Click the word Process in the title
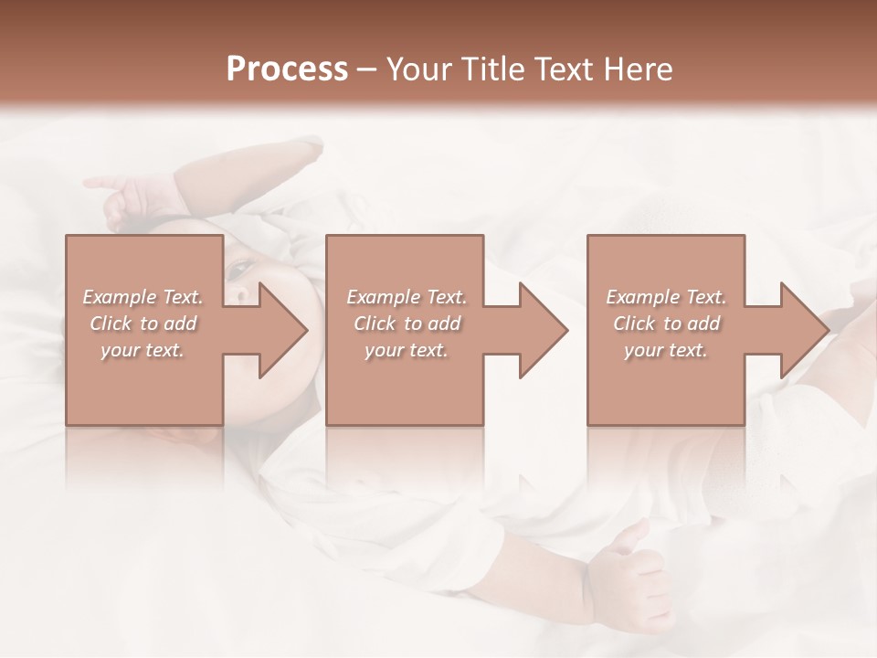click(287, 69)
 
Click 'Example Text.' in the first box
click(143, 297)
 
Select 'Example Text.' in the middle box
click(407, 297)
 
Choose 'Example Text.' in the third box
click(666, 297)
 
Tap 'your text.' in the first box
click(142, 350)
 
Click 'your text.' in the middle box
click(406, 350)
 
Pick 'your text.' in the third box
click(665, 350)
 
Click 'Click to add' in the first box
click(143, 324)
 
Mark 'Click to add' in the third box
click(666, 324)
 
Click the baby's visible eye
click(241, 268)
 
